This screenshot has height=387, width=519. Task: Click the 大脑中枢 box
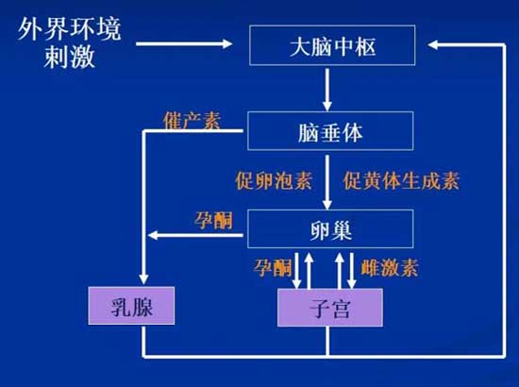pos(332,45)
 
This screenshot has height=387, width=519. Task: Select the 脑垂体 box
pos(330,131)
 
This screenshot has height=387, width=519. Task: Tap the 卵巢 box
pos(330,228)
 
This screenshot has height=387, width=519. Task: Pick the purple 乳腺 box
pos(131,306)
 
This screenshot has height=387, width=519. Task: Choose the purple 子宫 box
pos(330,308)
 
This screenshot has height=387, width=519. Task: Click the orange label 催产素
pos(192,120)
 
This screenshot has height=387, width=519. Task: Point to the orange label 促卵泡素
pos(274,180)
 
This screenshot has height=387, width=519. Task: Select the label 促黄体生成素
pos(401,180)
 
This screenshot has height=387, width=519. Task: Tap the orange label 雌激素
pos(390,267)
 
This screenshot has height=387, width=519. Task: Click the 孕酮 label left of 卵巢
pos(214,220)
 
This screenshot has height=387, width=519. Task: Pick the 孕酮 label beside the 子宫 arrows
pos(273,267)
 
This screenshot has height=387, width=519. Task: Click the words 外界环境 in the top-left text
pos(70,29)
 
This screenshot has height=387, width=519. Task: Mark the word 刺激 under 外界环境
pos(70,57)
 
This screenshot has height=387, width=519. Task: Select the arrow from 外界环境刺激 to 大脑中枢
pos(184,43)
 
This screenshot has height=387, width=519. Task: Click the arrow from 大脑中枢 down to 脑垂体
pos(327,90)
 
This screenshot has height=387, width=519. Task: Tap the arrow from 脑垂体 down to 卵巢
pos(327,182)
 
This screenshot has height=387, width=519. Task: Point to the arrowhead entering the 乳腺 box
pos(143,279)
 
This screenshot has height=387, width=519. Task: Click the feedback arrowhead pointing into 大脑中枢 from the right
pos(432,44)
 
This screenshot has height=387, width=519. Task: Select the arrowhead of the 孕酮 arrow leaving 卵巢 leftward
pos(153,235)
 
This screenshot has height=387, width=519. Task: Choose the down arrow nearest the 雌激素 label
pos(352,271)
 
